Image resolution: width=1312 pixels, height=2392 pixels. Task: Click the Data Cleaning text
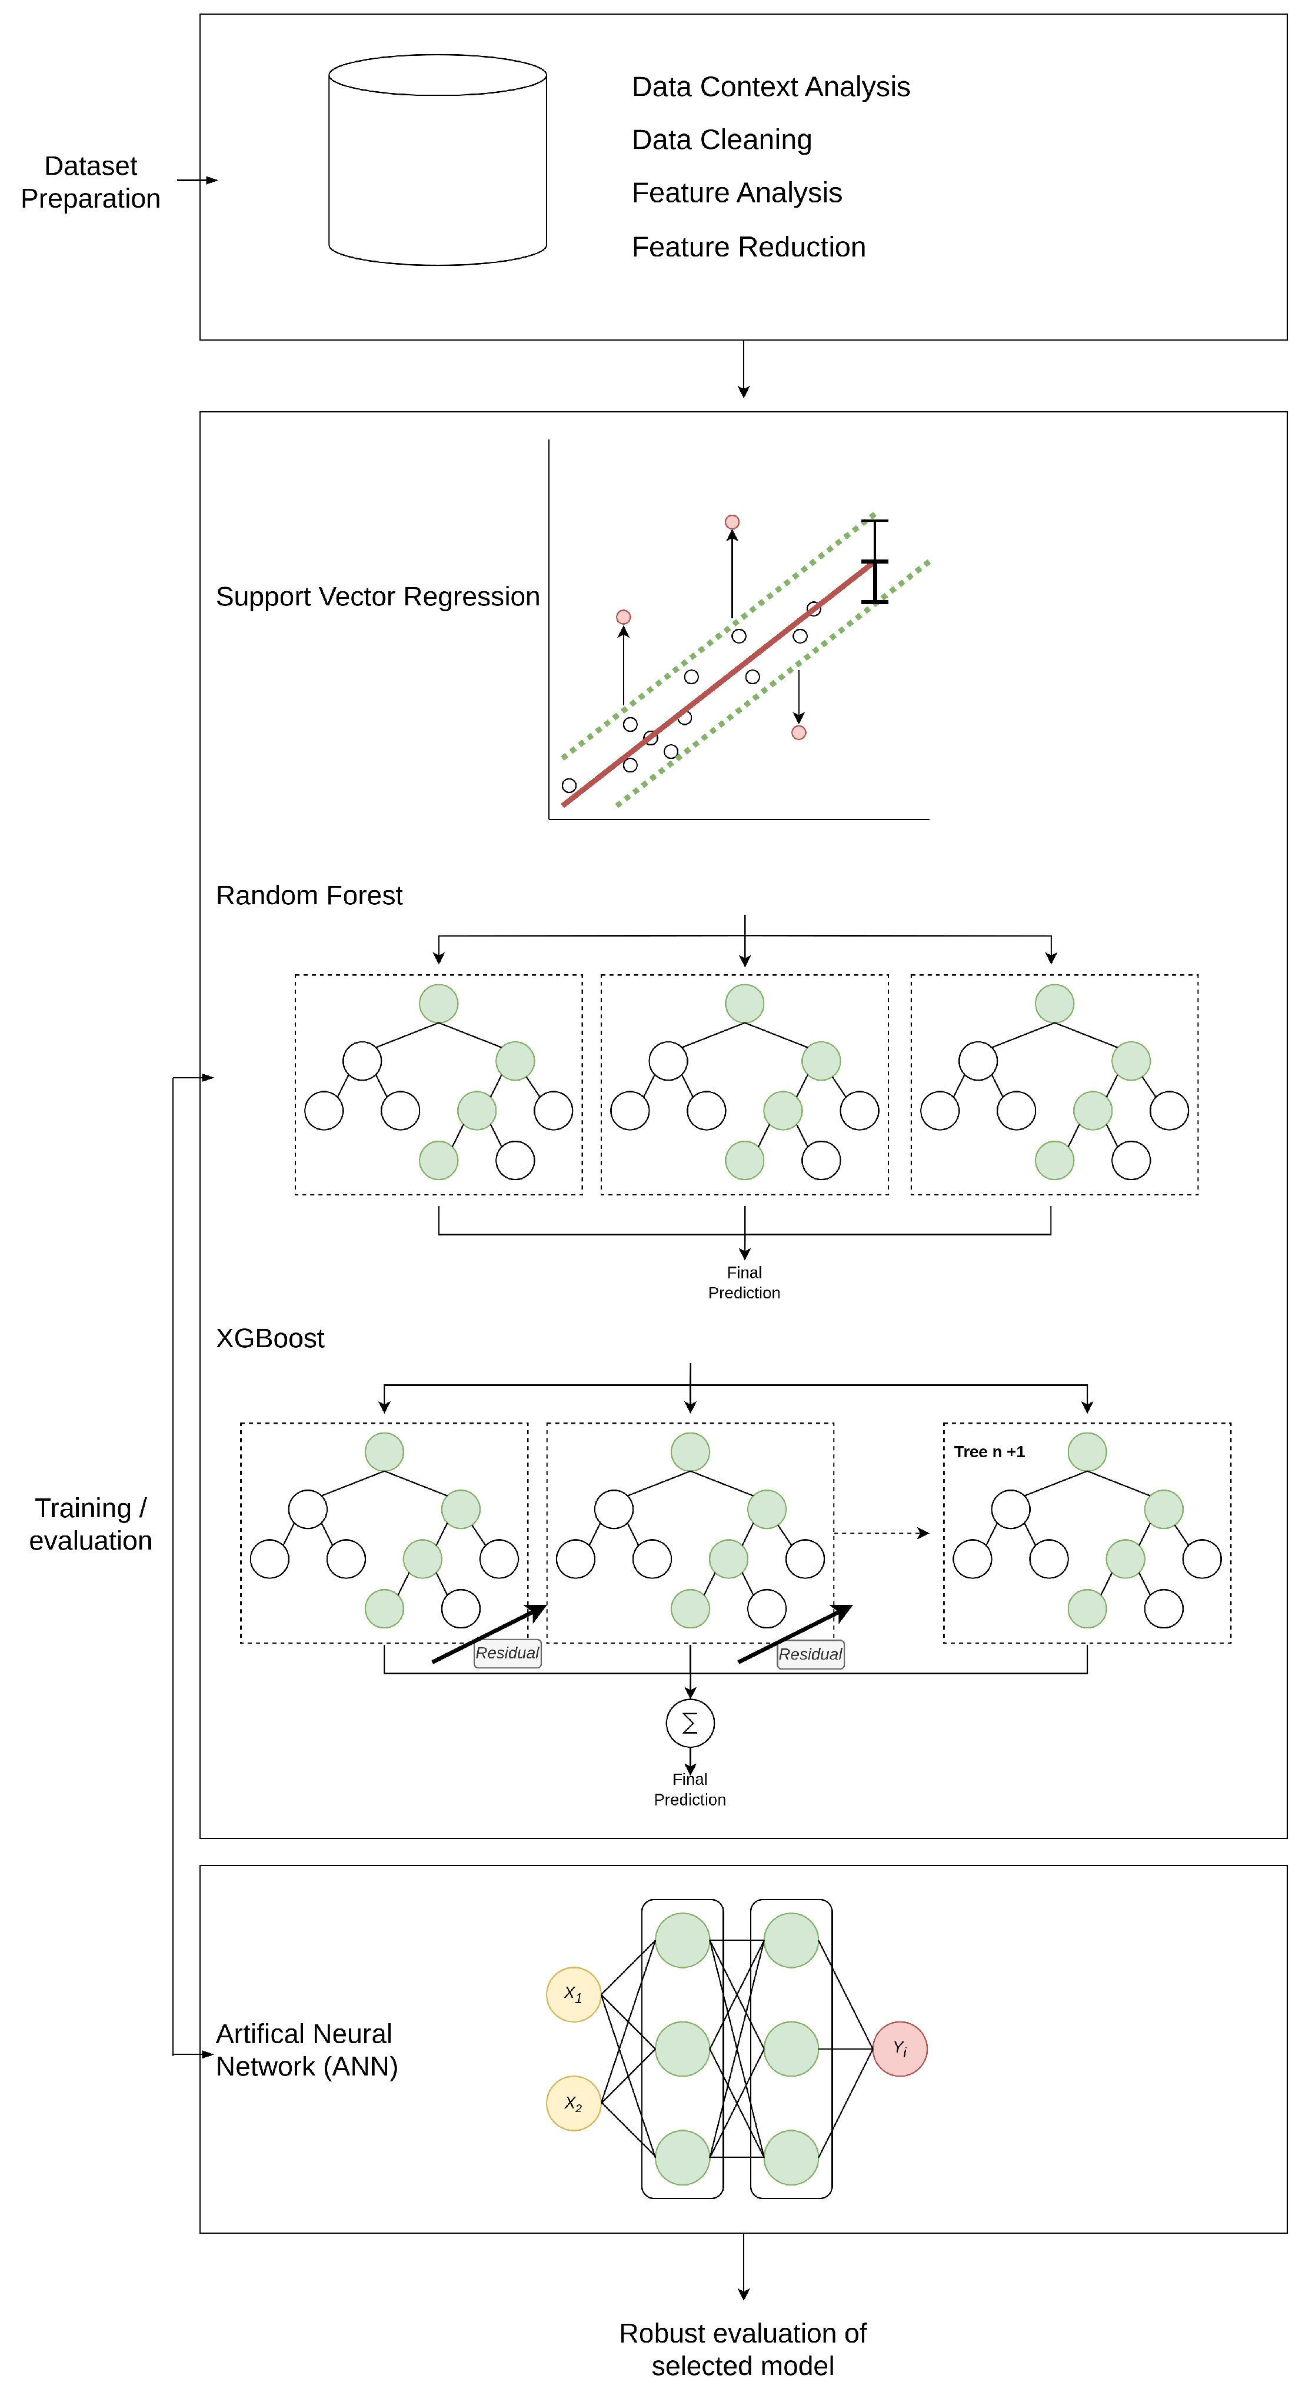tap(721, 139)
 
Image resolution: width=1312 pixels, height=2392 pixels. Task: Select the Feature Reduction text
tap(748, 247)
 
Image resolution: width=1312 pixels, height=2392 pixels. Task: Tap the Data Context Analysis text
tap(771, 86)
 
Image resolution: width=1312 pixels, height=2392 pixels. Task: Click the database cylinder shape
tap(437, 167)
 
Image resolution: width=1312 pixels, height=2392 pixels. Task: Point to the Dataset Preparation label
tap(90, 182)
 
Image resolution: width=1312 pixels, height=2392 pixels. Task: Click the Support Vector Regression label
tap(377, 596)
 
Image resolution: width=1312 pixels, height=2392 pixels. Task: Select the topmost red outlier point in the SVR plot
tap(732, 522)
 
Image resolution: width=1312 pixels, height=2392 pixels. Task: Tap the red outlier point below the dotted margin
tap(798, 732)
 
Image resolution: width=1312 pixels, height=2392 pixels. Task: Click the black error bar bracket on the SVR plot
tap(875, 562)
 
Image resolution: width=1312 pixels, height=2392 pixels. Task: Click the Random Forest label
tap(309, 895)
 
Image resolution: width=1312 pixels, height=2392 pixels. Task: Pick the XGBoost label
tap(270, 1338)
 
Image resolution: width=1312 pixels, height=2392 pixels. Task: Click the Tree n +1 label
tap(989, 1451)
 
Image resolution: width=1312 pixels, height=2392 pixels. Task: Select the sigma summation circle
tap(690, 1724)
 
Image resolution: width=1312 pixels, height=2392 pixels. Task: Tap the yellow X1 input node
tap(573, 1994)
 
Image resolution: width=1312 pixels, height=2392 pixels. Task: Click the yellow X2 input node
tap(573, 2103)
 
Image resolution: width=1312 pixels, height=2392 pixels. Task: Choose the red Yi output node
tap(900, 2048)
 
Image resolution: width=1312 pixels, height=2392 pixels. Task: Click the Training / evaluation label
tap(90, 1524)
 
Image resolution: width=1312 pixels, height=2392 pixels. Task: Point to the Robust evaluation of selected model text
tap(743, 2348)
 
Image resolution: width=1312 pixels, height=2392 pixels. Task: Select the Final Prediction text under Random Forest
tap(744, 1282)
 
